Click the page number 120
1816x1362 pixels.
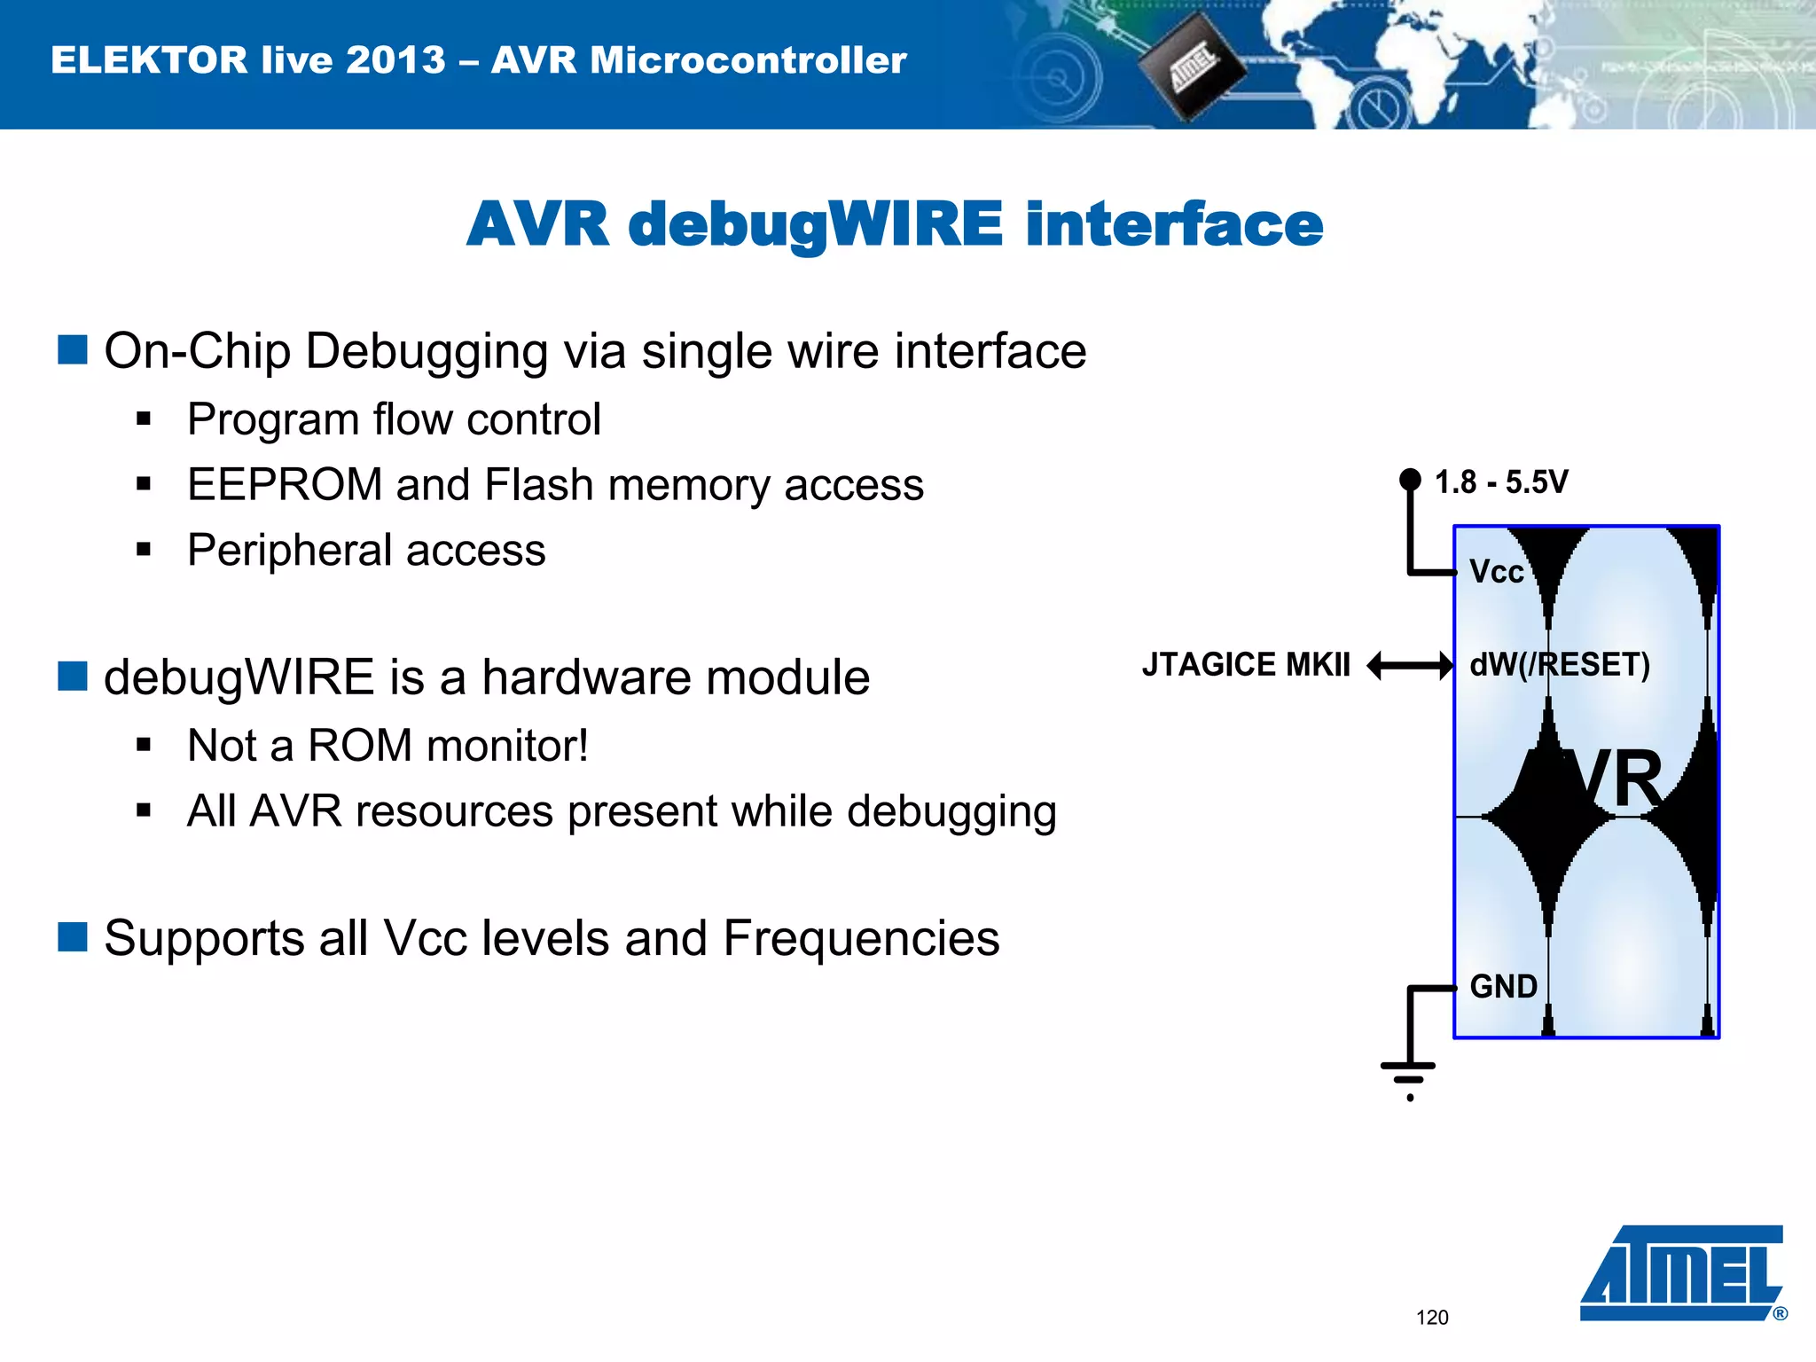1432,1318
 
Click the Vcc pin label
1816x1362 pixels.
1497,572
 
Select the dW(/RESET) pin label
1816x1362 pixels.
1560,665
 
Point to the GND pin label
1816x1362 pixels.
1503,987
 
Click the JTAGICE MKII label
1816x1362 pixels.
1246,665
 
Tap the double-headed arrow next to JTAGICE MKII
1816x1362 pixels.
1410,665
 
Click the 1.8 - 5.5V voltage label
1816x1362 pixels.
1501,482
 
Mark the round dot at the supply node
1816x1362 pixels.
1410,480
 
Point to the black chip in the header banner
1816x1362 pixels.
1190,69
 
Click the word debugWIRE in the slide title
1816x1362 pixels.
816,224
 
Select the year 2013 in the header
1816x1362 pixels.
395,60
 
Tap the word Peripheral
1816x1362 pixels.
290,551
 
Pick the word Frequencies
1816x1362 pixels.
861,938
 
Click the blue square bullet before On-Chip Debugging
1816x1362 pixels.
73,349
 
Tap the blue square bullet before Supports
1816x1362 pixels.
73,936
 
